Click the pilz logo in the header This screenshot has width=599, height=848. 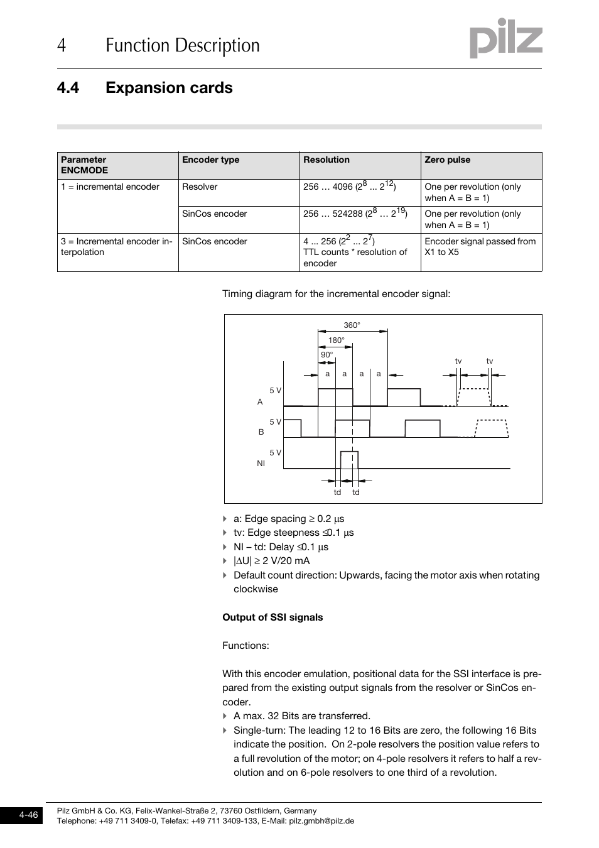505,39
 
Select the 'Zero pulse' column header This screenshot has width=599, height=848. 447,160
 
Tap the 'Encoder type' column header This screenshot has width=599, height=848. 210,160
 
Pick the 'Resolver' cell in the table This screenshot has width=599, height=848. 200,187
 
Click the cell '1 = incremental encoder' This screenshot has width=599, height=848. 110,187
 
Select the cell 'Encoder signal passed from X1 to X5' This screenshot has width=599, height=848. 480,247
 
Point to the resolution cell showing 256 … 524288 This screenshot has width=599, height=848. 355,214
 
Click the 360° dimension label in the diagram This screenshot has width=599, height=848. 352,325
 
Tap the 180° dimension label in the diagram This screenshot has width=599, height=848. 336,340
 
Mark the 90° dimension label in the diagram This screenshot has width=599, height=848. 326,355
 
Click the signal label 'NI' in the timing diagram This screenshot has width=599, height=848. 261,464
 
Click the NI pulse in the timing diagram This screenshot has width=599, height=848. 349,459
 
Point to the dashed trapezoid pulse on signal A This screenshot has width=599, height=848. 475,397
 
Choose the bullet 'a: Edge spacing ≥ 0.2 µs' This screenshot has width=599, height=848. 289,519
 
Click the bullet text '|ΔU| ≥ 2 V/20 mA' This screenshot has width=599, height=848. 271,561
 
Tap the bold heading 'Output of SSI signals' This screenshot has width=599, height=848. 273,617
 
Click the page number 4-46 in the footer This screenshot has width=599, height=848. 28,815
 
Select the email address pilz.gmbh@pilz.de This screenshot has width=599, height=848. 321,821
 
